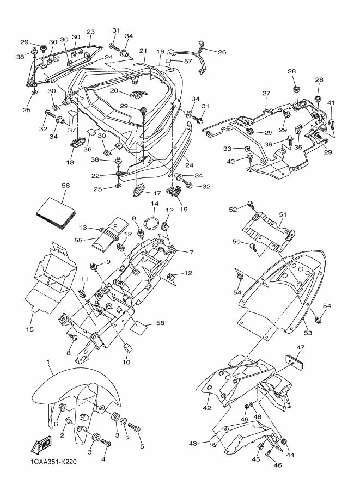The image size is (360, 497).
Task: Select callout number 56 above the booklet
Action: [66, 186]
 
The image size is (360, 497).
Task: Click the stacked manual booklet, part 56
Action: [56, 212]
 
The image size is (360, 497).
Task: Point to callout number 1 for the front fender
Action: [48, 361]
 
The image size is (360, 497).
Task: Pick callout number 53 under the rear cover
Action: [308, 333]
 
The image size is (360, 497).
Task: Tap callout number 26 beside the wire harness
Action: [222, 52]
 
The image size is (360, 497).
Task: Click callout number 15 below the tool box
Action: [29, 329]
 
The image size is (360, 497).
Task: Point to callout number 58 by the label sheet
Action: [161, 323]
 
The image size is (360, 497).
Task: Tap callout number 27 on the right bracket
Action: [266, 93]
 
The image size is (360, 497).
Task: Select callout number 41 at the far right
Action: [331, 103]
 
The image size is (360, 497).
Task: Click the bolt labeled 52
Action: [251, 205]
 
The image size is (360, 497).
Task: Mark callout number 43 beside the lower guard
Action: [193, 443]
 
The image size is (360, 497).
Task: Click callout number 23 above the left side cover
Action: [90, 32]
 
